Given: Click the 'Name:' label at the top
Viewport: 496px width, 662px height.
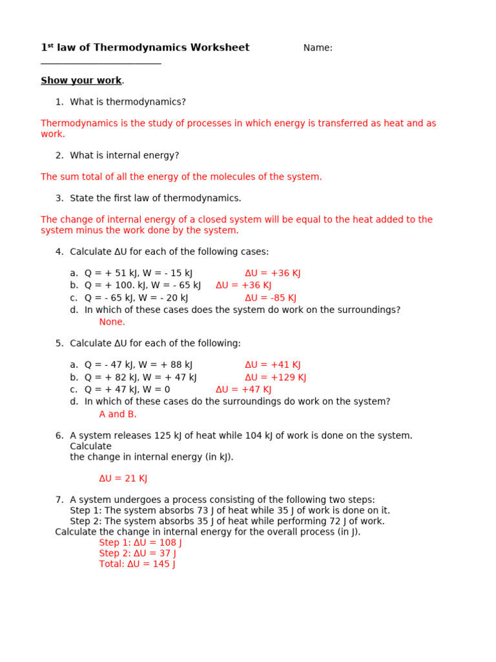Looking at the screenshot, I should (318, 48).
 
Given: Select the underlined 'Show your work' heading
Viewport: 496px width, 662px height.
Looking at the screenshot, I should (81, 81).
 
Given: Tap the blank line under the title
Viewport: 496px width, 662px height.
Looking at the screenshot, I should (101, 63).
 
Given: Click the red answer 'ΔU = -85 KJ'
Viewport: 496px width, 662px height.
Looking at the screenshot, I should (271, 298).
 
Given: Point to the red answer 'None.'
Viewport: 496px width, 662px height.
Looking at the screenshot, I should (112, 322).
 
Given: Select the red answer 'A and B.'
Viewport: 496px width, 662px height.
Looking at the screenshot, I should (118, 414).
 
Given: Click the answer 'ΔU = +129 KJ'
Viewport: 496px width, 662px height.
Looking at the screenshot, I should (275, 378).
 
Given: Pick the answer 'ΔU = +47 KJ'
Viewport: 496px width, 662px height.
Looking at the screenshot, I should (243, 390).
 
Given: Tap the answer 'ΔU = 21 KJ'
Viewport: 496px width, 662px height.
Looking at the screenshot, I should (123, 478).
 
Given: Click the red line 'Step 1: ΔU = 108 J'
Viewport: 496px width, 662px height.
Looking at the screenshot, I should (140, 543).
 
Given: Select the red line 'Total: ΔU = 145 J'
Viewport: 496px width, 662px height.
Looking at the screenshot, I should (137, 564).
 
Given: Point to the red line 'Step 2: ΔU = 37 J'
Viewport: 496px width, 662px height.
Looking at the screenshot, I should (137, 553).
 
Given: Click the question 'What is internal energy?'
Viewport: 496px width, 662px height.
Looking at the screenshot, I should (125, 156).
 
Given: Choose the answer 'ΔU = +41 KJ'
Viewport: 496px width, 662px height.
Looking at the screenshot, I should (273, 365).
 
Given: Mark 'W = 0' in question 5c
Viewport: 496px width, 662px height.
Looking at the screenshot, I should (157, 390).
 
